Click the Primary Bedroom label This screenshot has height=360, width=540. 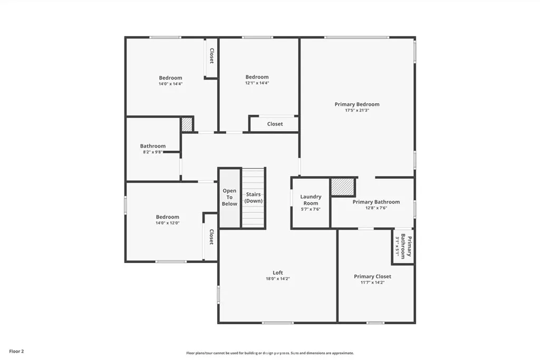pos(357,104)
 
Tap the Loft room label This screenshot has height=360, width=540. pos(278,273)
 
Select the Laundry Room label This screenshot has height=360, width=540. pos(311,200)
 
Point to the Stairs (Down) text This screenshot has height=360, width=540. pos(254,198)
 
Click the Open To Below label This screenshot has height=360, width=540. pos(229,197)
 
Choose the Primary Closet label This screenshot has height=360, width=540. pos(372,276)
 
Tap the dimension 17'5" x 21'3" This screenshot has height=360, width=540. pos(357,111)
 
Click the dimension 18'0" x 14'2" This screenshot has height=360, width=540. pos(278,279)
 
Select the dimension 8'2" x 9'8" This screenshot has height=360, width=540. pos(153,152)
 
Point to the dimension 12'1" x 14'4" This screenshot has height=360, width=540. pos(257,83)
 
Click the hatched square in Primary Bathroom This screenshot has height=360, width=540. pos(343,187)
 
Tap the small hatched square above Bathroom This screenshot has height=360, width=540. pos(187,124)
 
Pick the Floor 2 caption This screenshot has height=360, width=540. pos(16,351)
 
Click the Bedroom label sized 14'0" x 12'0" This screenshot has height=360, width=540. pos(167,217)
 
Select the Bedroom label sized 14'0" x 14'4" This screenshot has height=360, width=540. pos(170,77)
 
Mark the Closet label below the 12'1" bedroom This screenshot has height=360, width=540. pos(275,124)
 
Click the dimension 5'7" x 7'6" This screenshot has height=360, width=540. pos(311,209)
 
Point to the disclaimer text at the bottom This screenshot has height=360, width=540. pos(269,353)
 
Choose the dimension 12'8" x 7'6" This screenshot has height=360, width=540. pos(376,208)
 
